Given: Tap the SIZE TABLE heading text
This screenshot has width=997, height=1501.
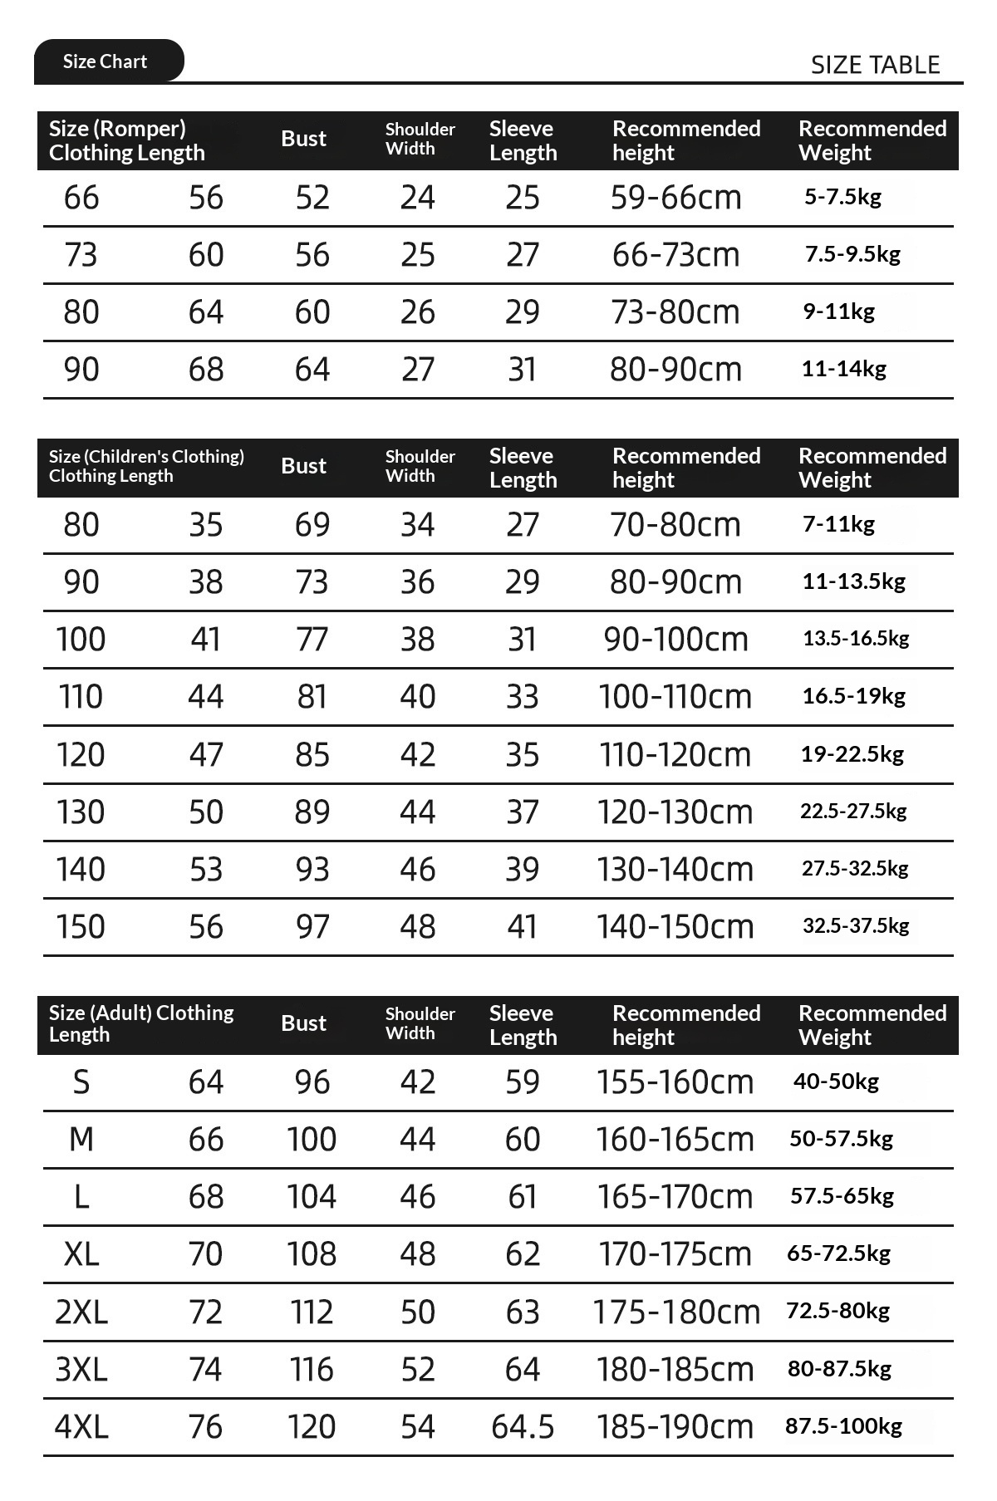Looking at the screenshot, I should click(x=875, y=65).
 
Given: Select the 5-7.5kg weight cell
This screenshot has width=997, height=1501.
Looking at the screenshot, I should click(x=842, y=197).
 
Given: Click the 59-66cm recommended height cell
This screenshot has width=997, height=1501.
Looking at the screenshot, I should click(x=675, y=198).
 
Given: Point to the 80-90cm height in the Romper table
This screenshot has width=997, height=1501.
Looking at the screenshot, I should click(x=675, y=370).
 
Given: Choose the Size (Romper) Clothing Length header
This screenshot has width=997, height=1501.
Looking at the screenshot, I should click(x=126, y=140).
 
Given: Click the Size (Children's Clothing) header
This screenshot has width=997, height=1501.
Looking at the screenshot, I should click(x=146, y=466).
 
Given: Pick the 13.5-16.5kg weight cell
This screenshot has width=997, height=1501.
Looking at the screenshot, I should click(x=856, y=639).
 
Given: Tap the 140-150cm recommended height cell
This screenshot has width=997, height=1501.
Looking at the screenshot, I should click(x=675, y=927).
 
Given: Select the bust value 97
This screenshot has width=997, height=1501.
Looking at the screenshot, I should click(x=312, y=927).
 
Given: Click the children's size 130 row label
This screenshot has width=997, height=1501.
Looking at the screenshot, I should click(x=81, y=812).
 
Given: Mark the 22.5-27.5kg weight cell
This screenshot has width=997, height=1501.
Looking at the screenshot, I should click(x=853, y=812).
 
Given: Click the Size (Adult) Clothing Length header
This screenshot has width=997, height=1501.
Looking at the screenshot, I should click(x=141, y=1023).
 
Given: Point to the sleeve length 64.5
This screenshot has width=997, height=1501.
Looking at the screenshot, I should click(x=523, y=1427).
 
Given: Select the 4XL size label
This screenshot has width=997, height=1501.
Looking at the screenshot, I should click(x=81, y=1427).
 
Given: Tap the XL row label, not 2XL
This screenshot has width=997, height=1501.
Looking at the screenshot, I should click(x=81, y=1254).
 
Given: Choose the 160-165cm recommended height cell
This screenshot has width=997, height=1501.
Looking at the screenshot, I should click(x=675, y=1140).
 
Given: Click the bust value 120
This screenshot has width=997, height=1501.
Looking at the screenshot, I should click(x=312, y=1427).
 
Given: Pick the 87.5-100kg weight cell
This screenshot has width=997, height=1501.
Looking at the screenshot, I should click(x=843, y=1426).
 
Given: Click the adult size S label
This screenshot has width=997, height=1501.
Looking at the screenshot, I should click(x=81, y=1082).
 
